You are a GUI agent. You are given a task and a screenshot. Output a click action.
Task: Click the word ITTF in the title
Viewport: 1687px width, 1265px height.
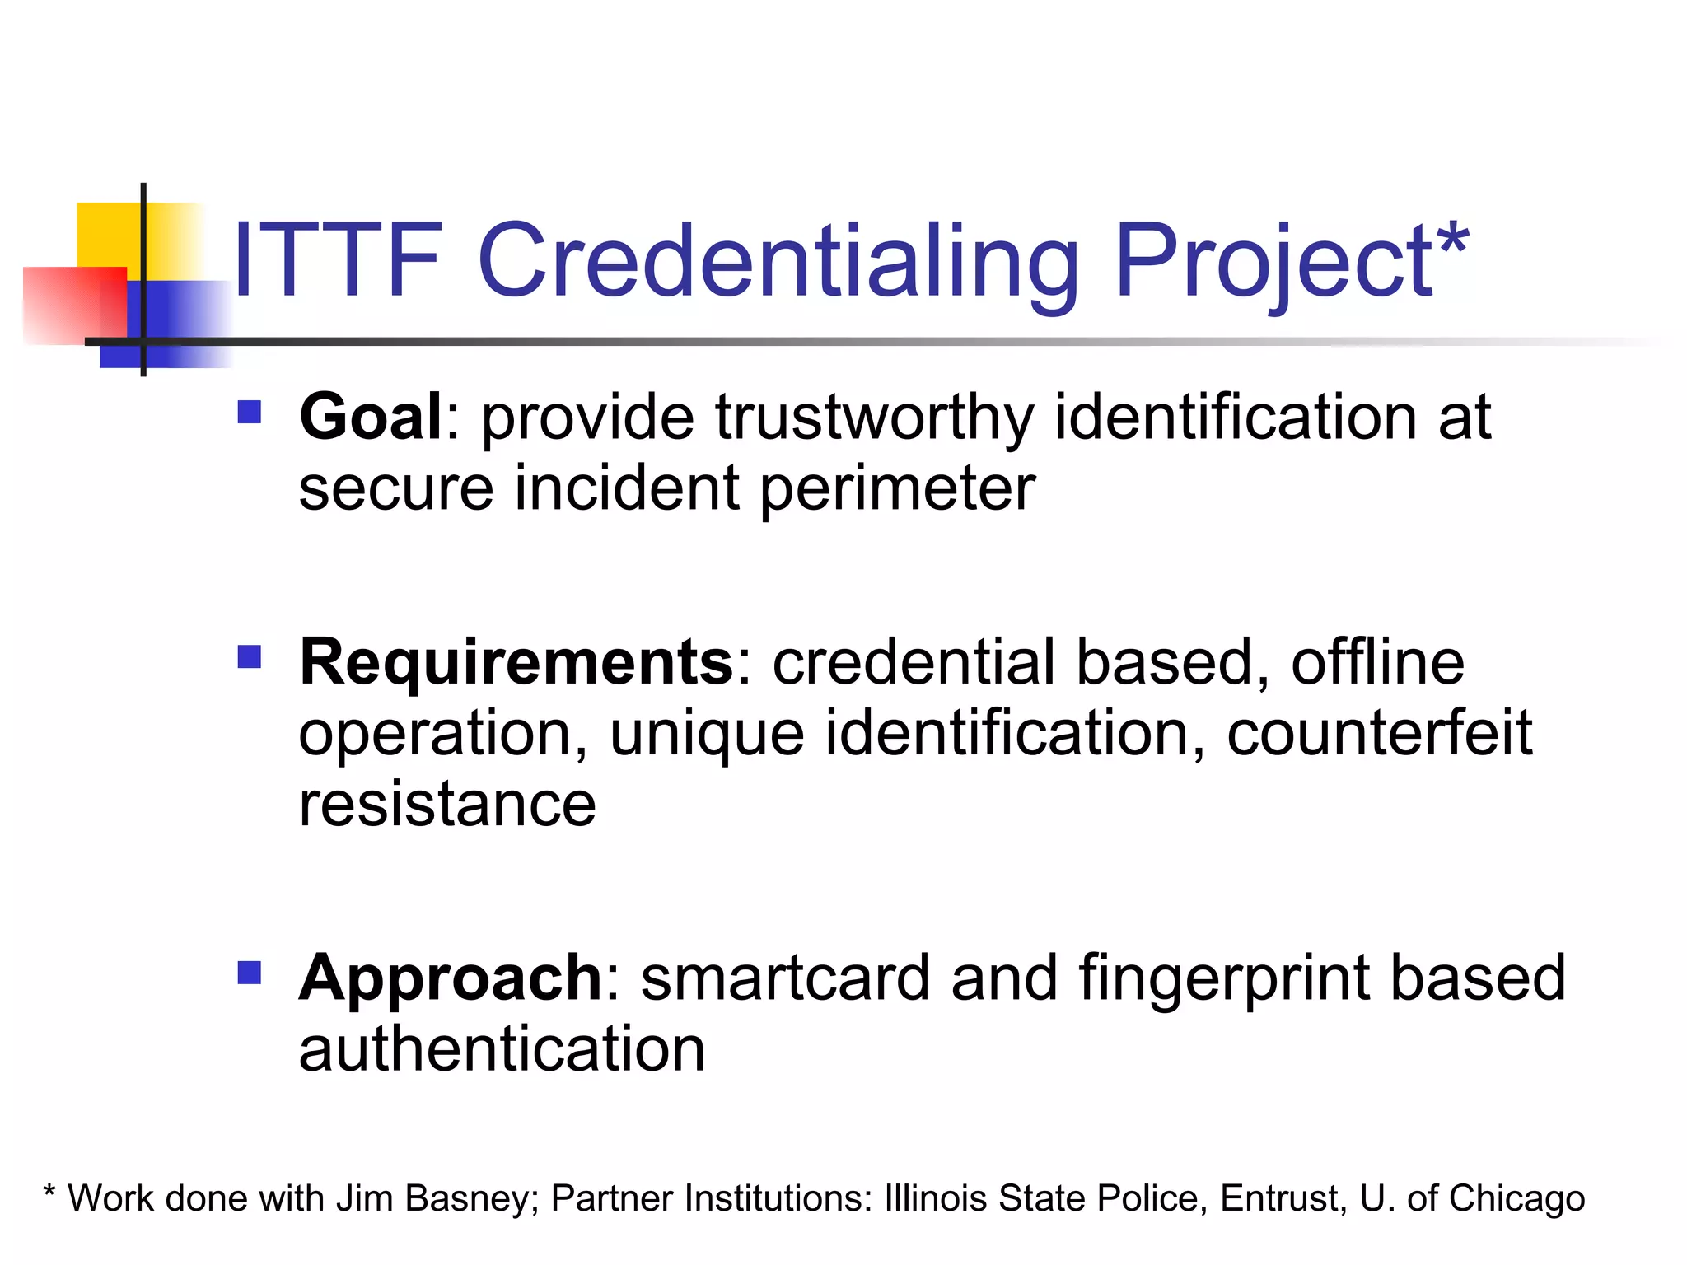[338, 261]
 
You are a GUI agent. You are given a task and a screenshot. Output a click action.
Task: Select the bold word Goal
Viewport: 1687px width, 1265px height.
[372, 417]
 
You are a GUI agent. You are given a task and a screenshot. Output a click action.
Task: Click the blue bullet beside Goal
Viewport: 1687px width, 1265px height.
[249, 412]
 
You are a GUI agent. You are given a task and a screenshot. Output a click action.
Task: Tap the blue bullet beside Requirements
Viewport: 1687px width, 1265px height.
[249, 656]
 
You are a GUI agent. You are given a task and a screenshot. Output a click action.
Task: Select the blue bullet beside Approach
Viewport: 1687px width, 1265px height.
[249, 973]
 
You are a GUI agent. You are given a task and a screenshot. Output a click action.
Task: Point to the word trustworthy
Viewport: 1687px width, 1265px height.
[874, 418]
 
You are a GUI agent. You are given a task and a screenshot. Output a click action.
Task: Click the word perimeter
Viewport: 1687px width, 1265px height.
[897, 488]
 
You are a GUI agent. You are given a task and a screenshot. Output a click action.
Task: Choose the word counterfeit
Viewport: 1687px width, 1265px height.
[1379, 732]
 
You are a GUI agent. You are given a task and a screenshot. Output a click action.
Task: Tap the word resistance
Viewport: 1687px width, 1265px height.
[447, 805]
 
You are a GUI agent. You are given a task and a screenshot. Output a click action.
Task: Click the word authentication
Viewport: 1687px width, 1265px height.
[502, 1049]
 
